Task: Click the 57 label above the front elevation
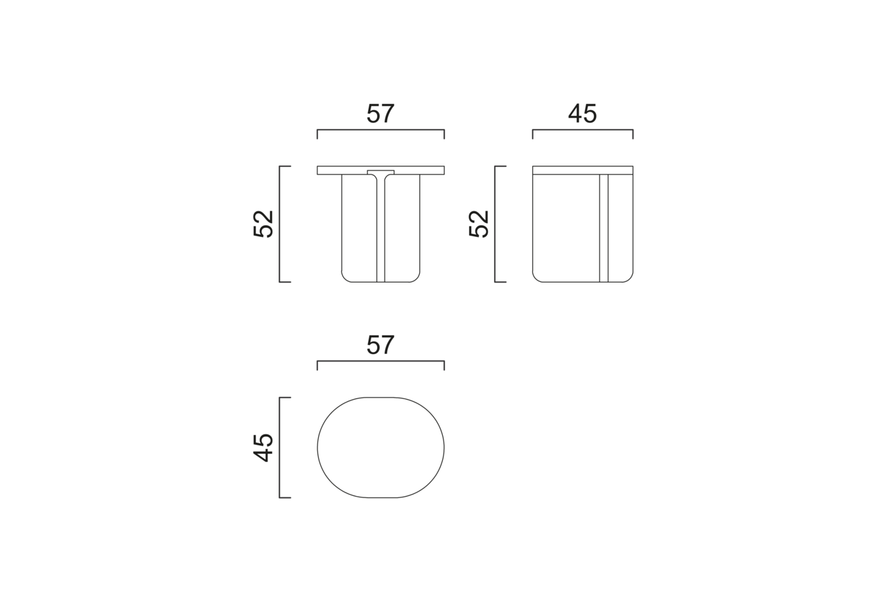(x=380, y=113)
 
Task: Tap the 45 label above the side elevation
(x=582, y=113)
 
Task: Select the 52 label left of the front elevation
(x=263, y=224)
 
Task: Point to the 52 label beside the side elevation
(x=479, y=224)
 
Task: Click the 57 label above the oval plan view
(x=380, y=344)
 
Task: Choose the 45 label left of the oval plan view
(x=263, y=448)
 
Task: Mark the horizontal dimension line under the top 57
(x=380, y=130)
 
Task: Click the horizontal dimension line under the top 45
(x=582, y=130)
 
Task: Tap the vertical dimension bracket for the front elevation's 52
(x=279, y=224)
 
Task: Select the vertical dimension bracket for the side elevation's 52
(x=495, y=224)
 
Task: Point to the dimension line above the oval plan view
(x=380, y=361)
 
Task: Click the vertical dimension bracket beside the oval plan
(x=279, y=448)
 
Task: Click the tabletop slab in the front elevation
(x=416, y=170)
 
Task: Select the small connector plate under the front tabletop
(x=380, y=172)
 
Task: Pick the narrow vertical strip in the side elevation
(x=604, y=229)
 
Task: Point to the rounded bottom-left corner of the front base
(x=345, y=278)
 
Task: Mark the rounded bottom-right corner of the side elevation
(x=629, y=278)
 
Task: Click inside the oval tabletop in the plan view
(x=380, y=448)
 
